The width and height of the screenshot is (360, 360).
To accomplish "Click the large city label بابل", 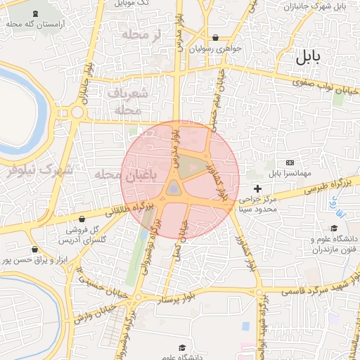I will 309,58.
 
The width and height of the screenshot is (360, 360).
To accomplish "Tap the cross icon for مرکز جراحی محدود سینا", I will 258,188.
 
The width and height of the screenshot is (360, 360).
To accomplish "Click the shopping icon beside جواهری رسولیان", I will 215,38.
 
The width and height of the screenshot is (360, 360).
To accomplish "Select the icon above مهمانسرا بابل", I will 290,162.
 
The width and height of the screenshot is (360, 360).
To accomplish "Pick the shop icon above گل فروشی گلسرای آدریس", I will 82,219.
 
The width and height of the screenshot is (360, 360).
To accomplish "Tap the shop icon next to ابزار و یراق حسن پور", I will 34,249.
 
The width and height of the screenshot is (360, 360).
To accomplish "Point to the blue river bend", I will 42,105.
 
